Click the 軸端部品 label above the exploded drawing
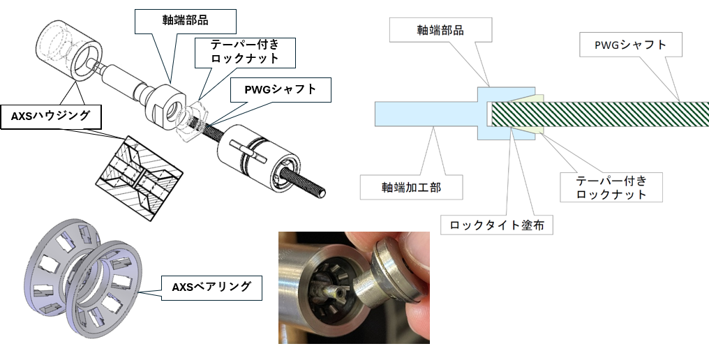[x=186, y=21]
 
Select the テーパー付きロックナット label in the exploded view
[x=245, y=52]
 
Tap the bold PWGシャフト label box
[x=281, y=89]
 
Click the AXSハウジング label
[x=51, y=117]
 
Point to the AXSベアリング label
[x=211, y=287]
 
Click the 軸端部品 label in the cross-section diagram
[x=440, y=30]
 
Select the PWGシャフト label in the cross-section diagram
[x=630, y=45]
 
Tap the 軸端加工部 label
[x=411, y=187]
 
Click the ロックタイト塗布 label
[x=496, y=225]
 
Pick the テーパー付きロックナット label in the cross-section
[x=611, y=187]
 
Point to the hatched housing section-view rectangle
[x=140, y=178]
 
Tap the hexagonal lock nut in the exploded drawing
[x=192, y=121]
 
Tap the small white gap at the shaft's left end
[x=489, y=114]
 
